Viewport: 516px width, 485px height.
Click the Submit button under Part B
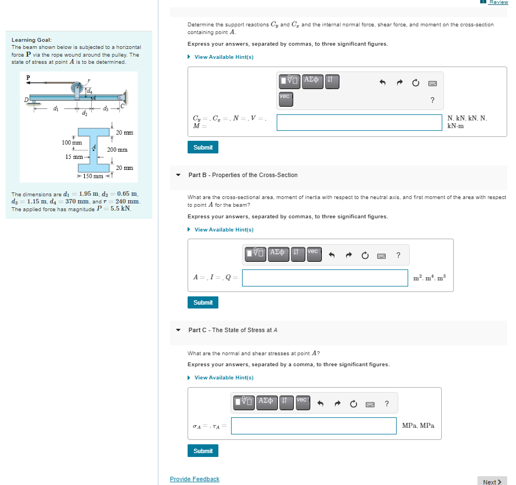pyautogui.click(x=203, y=302)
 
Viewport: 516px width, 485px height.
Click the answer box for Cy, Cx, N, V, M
pyautogui.click(x=359, y=122)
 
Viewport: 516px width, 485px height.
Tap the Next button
pyautogui.click(x=492, y=482)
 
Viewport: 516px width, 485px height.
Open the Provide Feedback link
pyautogui.click(x=194, y=479)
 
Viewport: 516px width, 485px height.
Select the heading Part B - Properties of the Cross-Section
pyautogui.click(x=243, y=175)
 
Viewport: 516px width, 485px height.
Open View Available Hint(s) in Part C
pyautogui.click(x=223, y=377)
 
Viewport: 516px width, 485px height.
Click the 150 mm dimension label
pyautogui.click(x=92, y=176)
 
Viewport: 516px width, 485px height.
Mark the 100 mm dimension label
pyautogui.click(x=72, y=142)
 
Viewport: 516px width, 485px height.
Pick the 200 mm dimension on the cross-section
pyautogui.click(x=117, y=150)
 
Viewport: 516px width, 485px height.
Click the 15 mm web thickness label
pyautogui.click(x=74, y=157)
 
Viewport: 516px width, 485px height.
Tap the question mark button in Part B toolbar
pyautogui.click(x=398, y=254)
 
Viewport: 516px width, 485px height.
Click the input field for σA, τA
pyautogui.click(x=313, y=426)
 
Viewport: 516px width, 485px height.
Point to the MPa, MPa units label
pyautogui.click(x=418, y=426)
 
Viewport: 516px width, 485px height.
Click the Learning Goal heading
pyautogui.click(x=31, y=40)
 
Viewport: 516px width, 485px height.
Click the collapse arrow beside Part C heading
pyautogui.click(x=178, y=330)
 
